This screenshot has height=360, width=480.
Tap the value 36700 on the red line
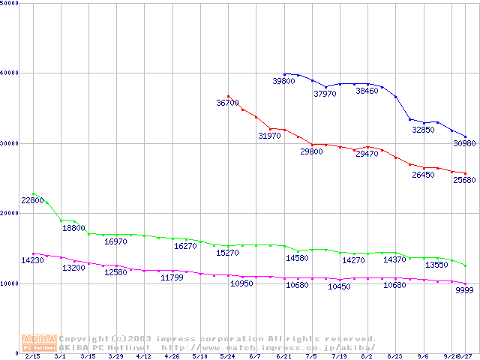coord(227,103)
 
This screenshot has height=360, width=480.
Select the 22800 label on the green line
coord(32,200)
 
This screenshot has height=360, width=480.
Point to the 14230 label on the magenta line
coord(32,261)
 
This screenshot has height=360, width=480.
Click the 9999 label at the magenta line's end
coord(464,290)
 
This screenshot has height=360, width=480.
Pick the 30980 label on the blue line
coord(464,143)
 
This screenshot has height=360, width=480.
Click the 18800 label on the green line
coord(73,228)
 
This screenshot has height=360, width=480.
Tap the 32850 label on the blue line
coord(423,130)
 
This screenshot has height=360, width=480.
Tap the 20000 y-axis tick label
coord(10,214)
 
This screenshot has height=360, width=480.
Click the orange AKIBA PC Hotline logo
coord(39,343)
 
